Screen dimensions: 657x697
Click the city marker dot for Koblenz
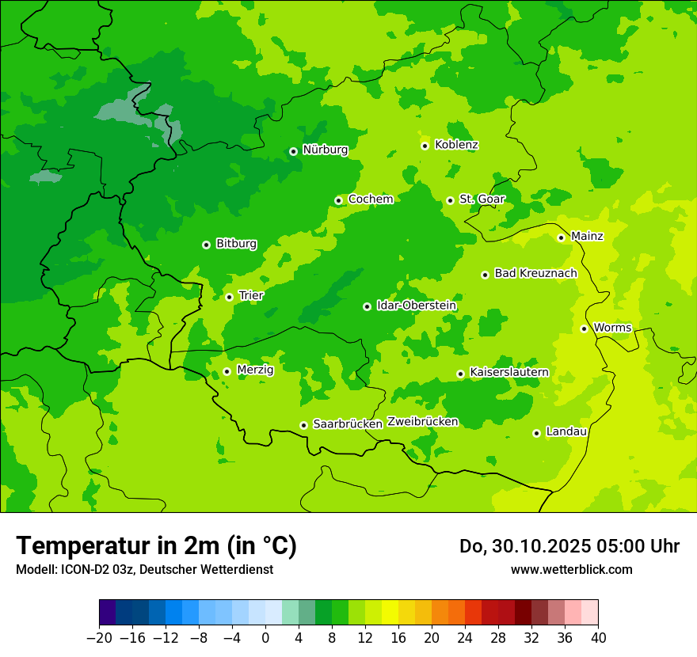(x=425, y=146)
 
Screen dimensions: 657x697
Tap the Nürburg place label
(x=325, y=150)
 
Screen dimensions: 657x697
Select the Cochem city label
(x=371, y=199)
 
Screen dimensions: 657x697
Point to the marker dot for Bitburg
(x=206, y=245)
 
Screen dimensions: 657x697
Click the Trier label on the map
(x=251, y=296)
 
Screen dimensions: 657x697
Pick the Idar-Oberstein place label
(x=417, y=306)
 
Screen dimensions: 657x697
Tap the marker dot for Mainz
(x=561, y=237)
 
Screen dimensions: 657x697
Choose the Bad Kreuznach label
(x=535, y=274)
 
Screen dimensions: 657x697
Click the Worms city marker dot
(x=584, y=328)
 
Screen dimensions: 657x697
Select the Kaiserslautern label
(x=509, y=373)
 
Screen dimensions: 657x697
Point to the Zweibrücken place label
(x=423, y=422)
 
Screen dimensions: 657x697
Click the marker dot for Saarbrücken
(x=303, y=425)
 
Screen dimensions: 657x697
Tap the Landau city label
(x=566, y=432)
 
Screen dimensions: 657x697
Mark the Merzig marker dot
(x=227, y=371)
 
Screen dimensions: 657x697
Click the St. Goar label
(x=482, y=199)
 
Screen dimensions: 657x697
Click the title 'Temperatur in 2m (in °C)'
(x=156, y=546)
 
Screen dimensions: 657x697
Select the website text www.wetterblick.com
(x=571, y=570)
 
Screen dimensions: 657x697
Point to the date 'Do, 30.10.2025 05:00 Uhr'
(x=569, y=546)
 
